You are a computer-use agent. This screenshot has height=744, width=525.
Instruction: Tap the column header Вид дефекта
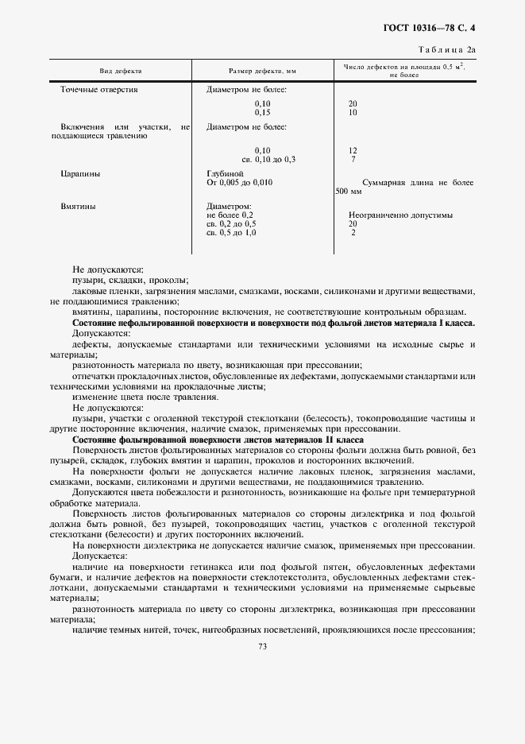pos(114,71)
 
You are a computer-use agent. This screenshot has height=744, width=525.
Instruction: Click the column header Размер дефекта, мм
pos(262,71)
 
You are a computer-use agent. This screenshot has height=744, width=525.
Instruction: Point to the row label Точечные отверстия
pos(98,90)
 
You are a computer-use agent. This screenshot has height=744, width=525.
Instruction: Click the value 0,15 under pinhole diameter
pos(262,112)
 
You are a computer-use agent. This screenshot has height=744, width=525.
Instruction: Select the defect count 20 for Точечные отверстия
pos(353,104)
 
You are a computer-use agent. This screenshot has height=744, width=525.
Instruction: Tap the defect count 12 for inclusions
pos(353,150)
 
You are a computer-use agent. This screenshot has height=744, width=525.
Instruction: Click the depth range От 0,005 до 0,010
pos(239,183)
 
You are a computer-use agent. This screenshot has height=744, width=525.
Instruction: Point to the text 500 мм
pos(348,192)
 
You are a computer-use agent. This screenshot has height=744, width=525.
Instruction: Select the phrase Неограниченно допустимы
pos(400,215)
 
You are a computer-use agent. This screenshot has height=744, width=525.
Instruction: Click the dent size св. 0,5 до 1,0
pos(231,232)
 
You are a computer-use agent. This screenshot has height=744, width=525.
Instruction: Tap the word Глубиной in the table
pos(225,173)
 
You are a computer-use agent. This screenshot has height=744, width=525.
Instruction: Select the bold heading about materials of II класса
pos(218,439)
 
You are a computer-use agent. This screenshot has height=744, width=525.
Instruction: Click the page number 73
pos(262,646)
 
